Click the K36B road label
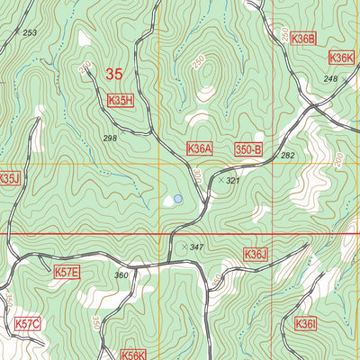304,39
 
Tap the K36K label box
342,58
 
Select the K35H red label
120,101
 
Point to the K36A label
200,148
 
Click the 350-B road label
248,148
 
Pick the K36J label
256,255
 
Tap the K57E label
67,272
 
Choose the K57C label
28,321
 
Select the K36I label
307,323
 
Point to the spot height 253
31,32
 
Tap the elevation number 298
111,138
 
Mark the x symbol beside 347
184,246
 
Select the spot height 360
121,274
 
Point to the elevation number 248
329,79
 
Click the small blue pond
178,199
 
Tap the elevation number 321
233,181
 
